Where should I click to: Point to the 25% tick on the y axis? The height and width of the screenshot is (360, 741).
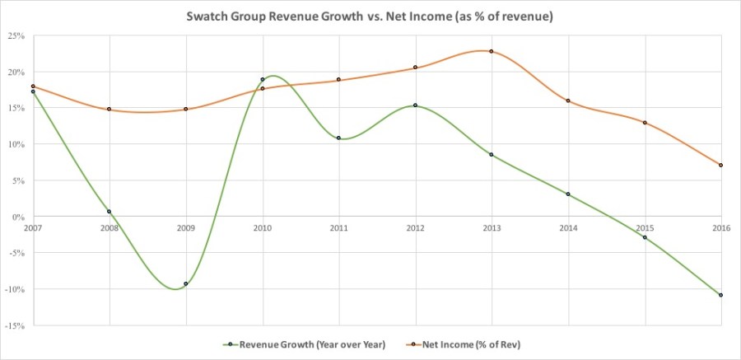pos(16,35)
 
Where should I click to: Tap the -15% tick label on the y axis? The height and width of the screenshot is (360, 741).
pos(16,325)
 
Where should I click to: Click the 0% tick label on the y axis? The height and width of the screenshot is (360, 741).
pos(18,217)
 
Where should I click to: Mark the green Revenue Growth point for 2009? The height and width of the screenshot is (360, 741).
pos(186,284)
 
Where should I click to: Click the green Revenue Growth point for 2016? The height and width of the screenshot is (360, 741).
pos(721,295)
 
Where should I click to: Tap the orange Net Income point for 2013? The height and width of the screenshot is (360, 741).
pos(492,51)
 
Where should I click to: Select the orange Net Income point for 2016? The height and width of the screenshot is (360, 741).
pos(721,165)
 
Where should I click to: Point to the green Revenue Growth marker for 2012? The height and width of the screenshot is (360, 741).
pos(415,105)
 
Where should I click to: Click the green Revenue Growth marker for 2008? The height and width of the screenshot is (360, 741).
pos(109,212)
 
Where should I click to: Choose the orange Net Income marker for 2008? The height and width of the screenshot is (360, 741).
pos(109,109)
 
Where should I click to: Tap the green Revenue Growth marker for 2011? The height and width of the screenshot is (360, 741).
pos(338,138)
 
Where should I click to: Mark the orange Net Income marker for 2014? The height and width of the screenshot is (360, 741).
pos(568,101)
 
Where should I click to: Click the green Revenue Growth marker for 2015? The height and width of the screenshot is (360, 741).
pos(645,237)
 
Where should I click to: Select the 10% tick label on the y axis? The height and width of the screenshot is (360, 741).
pos(16,144)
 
